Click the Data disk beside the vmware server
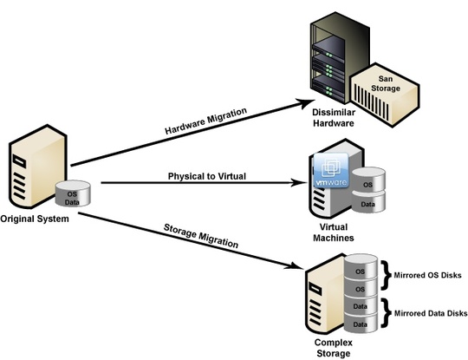click(x=367, y=204)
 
